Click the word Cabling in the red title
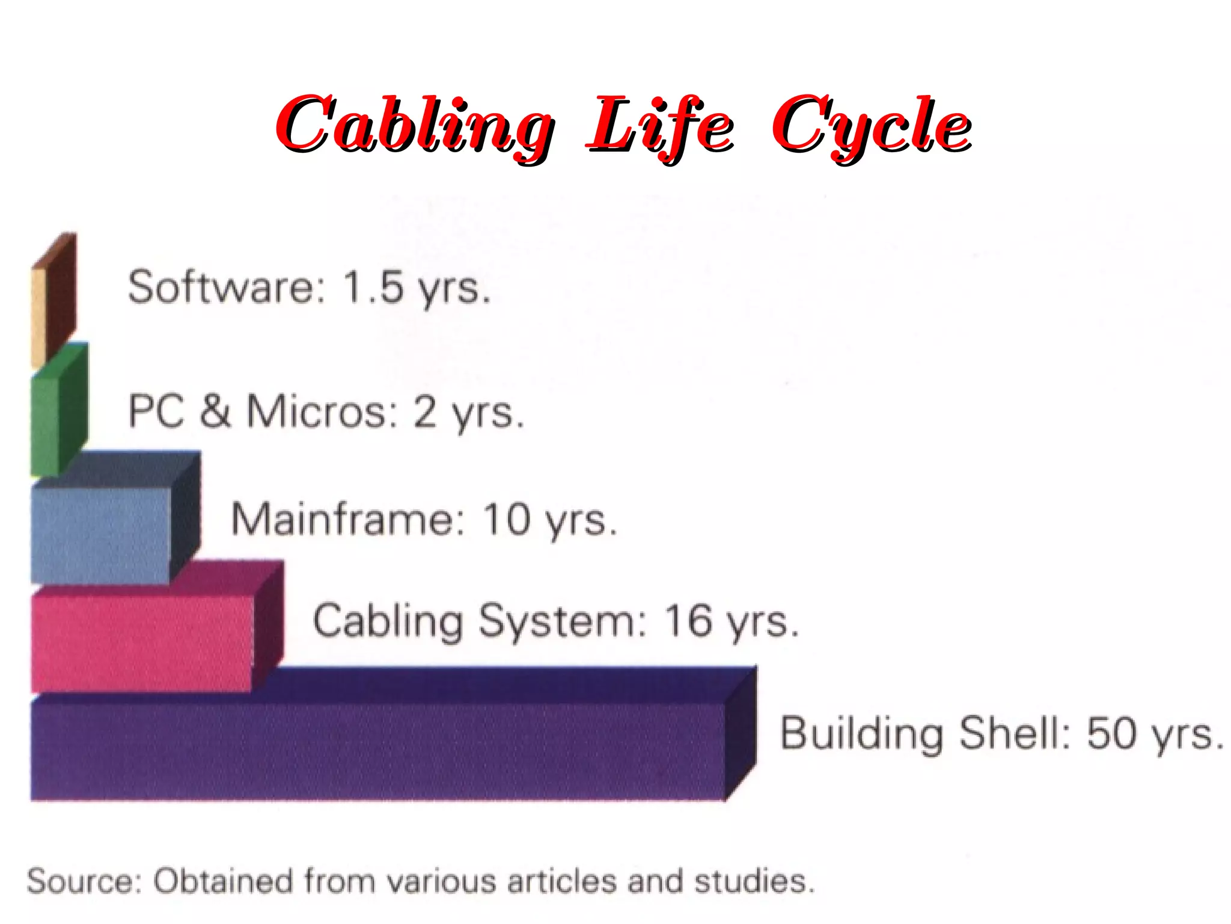click(x=415, y=125)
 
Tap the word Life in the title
click(x=659, y=125)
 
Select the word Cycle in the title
click(x=872, y=125)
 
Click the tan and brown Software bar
click(x=53, y=301)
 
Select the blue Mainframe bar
click(x=102, y=532)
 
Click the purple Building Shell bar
click(x=379, y=749)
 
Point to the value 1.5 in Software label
click(x=373, y=287)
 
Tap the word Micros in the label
click(x=322, y=411)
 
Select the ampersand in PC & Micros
click(x=215, y=411)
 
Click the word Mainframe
click(x=348, y=519)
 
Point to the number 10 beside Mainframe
click(x=507, y=519)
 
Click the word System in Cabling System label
click(x=562, y=621)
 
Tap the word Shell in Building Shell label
click(x=1015, y=733)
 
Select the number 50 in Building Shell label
click(x=1111, y=733)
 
